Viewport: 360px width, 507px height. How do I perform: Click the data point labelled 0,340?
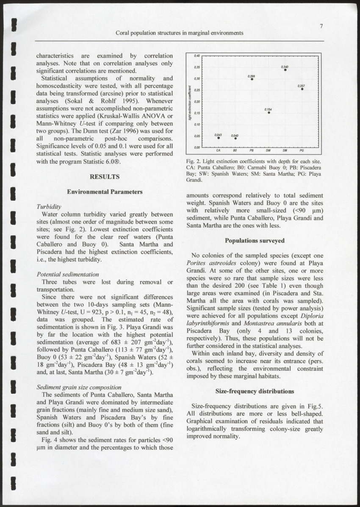tap(285, 70)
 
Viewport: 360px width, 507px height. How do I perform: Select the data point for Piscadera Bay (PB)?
tap(252, 79)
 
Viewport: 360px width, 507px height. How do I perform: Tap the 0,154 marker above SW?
tap(269, 113)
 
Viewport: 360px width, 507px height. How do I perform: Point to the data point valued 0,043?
tap(219, 138)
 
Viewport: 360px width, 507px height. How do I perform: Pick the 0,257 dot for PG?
tap(302, 89)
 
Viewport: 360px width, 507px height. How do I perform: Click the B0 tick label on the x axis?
tap(235, 150)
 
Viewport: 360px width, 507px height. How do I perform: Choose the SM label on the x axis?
tap(285, 150)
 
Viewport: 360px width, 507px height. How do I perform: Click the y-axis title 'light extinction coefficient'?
tap(191, 102)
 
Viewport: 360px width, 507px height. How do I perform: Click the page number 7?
tap(321, 26)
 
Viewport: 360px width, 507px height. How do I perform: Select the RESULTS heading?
tap(105, 176)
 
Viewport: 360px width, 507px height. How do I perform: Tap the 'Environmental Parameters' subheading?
tap(105, 192)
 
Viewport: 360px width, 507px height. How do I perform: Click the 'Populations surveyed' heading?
tap(255, 241)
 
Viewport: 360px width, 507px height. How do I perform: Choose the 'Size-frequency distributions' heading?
tap(255, 391)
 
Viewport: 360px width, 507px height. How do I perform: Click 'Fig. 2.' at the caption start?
tap(193, 162)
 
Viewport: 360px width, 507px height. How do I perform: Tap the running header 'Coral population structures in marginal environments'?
tap(180, 33)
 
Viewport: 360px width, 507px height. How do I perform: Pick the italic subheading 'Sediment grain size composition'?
tap(79, 387)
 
